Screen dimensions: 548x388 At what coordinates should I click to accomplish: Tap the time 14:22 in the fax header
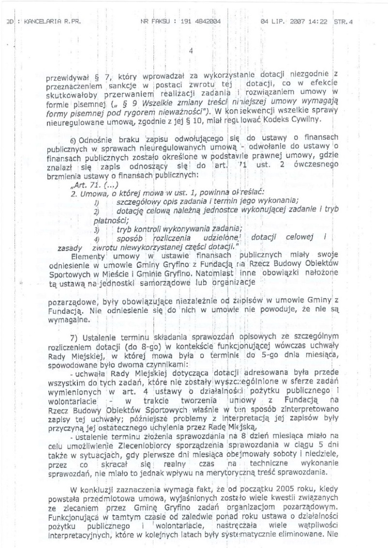(315, 22)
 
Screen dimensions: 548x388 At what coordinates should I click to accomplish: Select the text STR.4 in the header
(343, 22)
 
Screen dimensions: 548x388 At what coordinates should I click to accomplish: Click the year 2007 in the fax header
(293, 22)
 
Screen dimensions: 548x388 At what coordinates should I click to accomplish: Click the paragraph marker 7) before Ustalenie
(75, 337)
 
